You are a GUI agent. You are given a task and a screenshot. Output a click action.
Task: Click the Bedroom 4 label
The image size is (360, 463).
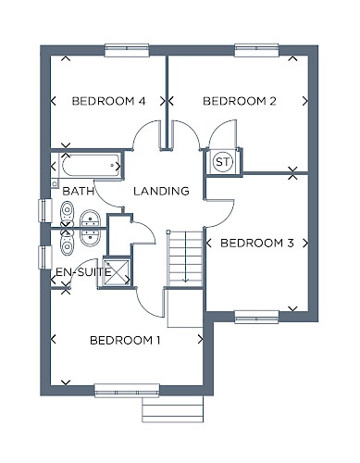pyautogui.click(x=108, y=101)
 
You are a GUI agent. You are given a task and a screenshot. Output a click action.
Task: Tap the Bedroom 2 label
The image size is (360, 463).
pyautogui.click(x=240, y=101)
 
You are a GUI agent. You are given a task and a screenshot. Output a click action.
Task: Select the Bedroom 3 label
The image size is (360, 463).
pyautogui.click(x=257, y=244)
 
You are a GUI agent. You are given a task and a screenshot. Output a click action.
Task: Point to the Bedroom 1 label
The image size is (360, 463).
pyautogui.click(x=125, y=340)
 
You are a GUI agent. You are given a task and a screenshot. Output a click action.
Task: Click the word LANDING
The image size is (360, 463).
pyautogui.click(x=161, y=191)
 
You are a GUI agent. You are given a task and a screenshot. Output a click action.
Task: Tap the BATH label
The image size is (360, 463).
pyautogui.click(x=78, y=191)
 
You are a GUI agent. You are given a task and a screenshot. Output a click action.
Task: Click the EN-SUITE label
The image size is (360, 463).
pyautogui.click(x=83, y=272)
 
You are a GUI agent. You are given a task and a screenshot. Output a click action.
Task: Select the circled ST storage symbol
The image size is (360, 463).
pyautogui.click(x=223, y=161)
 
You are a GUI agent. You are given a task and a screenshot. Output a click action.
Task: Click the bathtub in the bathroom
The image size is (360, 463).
pyautogui.click(x=91, y=166)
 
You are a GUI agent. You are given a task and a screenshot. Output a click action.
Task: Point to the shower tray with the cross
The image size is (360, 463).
pyautogui.click(x=117, y=272)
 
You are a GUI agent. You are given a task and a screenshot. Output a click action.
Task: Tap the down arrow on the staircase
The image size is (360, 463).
pyautogui.click(x=185, y=257)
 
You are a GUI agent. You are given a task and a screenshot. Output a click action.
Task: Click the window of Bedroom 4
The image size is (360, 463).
pyautogui.click(x=127, y=50)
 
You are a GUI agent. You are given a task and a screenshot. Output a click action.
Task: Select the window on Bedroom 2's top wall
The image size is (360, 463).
pyautogui.click(x=256, y=50)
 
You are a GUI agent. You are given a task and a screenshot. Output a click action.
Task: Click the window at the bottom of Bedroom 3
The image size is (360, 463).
pyautogui.click(x=256, y=317)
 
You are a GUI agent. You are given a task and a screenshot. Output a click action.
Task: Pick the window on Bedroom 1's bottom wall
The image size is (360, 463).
pyautogui.click(x=127, y=391)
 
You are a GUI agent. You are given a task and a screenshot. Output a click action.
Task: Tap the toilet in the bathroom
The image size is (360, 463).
pyautogui.click(x=68, y=213)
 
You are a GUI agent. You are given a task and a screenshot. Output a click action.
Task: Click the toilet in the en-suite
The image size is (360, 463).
pyautogui.click(x=68, y=244)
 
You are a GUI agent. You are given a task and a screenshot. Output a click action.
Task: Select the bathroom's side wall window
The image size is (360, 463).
pyautogui.click(x=45, y=210)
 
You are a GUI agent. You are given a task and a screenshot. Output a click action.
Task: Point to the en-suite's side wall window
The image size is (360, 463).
pyautogui.click(x=45, y=257)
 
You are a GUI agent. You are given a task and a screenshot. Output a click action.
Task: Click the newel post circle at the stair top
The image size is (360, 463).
pyautogui.click(x=168, y=231)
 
